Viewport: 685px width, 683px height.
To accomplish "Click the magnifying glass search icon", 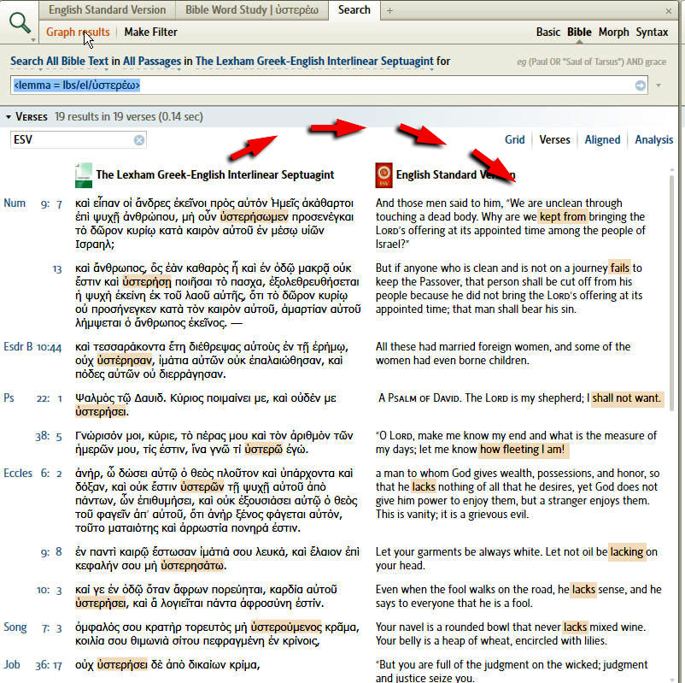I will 19,24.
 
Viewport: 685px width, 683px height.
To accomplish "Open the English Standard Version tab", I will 107,10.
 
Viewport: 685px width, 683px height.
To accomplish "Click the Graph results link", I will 78,32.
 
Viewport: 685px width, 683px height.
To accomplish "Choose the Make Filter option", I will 151,32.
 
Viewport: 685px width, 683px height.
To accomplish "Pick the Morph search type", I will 613,32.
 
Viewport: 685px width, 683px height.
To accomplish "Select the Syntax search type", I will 652,32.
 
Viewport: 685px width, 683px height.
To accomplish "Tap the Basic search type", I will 548,32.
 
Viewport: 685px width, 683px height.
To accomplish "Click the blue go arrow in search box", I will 641,85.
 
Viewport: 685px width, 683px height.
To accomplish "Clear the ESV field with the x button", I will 139,140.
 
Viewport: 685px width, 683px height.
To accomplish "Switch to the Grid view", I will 514,140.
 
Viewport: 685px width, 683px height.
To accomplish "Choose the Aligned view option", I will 602,140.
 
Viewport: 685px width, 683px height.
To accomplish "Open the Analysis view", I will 653,140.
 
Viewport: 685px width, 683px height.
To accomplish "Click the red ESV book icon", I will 383,174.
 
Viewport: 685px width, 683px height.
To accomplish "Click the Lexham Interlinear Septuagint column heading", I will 214,175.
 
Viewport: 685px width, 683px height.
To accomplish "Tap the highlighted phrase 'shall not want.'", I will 626,398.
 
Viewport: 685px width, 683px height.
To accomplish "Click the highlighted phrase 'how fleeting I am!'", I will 523,450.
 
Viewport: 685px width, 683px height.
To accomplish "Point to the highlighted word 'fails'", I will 619,268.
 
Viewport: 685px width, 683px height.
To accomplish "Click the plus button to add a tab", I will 389,10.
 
